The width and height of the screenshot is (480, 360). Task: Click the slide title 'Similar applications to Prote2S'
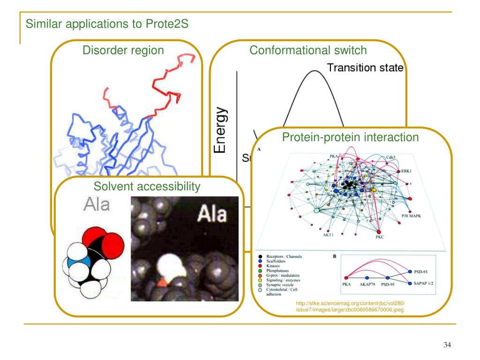[107, 23]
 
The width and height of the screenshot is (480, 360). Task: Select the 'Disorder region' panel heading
[123, 50]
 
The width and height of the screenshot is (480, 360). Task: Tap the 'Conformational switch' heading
[308, 50]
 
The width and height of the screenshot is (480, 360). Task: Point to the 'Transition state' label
[365, 68]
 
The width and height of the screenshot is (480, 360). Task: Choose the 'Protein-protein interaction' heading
[350, 137]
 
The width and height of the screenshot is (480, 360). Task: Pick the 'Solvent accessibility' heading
[147, 187]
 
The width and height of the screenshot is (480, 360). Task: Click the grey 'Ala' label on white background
[97, 205]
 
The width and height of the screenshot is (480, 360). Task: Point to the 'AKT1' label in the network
[328, 234]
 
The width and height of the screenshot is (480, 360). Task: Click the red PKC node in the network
[379, 232]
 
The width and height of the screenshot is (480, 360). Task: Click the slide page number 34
[447, 345]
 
